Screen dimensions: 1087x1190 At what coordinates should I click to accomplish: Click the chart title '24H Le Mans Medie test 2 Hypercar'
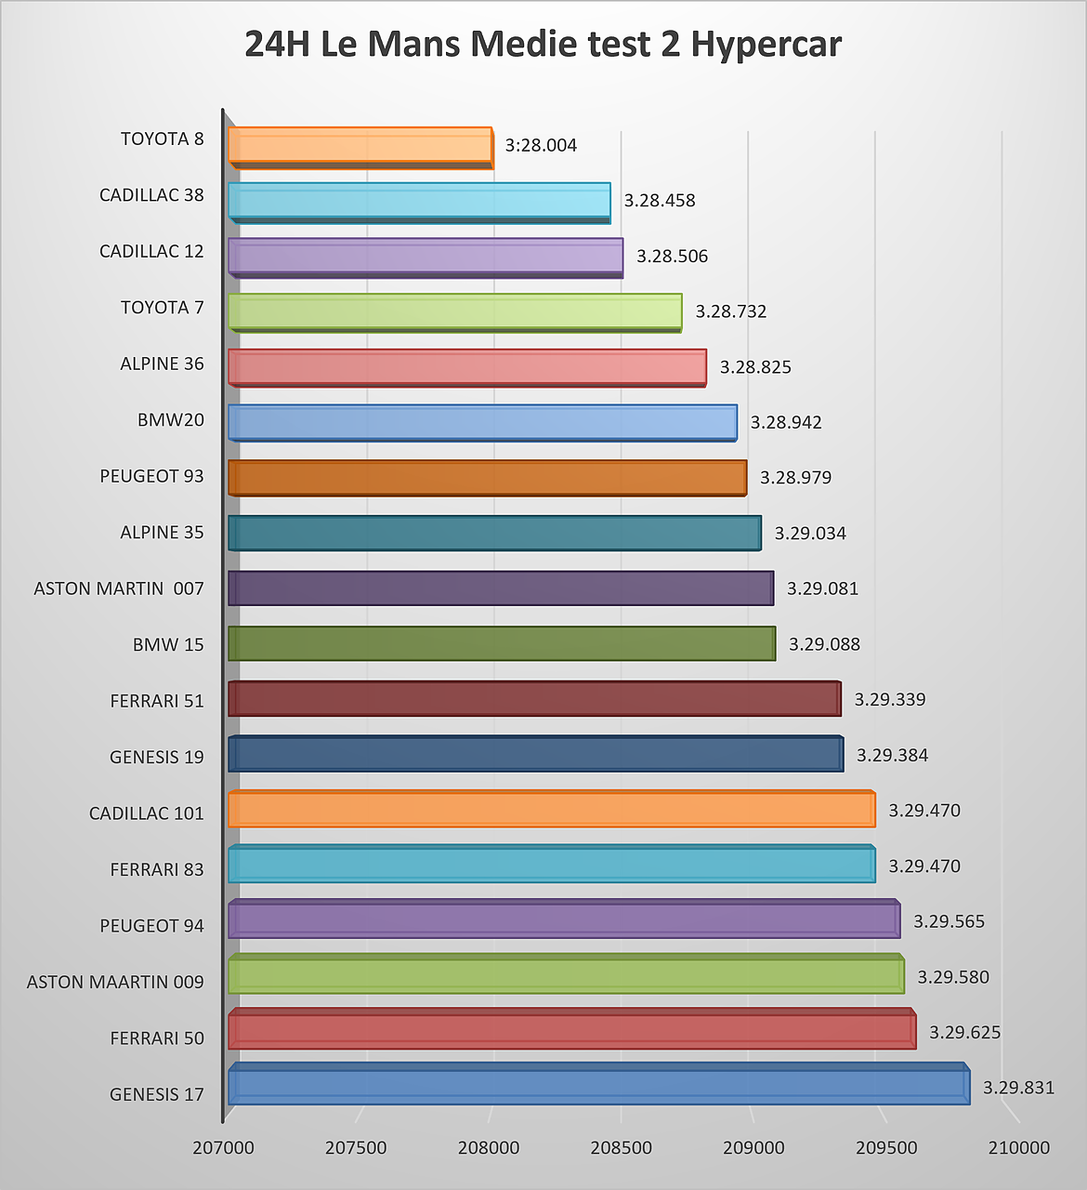(x=543, y=44)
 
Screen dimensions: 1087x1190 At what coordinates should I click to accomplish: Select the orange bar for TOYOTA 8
(x=360, y=148)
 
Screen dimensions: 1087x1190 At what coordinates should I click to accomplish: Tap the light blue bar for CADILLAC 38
(x=419, y=203)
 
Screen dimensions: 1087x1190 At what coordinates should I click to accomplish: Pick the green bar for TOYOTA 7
(x=455, y=312)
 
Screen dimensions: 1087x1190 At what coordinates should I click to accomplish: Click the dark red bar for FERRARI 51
(x=535, y=698)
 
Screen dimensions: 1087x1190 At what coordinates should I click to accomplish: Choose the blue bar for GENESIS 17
(x=599, y=1084)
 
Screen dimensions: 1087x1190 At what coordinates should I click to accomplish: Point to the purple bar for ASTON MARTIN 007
(x=501, y=588)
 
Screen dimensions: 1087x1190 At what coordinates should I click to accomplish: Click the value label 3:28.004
(x=541, y=145)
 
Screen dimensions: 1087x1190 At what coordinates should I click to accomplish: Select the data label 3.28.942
(x=786, y=422)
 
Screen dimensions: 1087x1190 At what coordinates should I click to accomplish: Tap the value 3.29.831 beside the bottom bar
(x=1019, y=1088)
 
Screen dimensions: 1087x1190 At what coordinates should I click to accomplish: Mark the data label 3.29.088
(x=824, y=643)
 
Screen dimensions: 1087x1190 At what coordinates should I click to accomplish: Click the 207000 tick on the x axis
(x=223, y=1148)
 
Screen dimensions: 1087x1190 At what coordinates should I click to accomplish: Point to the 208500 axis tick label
(x=621, y=1148)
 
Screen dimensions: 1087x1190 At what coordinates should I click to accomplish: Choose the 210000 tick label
(x=1019, y=1148)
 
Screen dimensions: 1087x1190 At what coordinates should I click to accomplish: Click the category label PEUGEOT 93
(x=151, y=476)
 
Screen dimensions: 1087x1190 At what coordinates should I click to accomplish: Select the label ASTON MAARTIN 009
(x=115, y=982)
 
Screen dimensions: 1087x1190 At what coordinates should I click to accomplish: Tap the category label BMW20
(x=171, y=419)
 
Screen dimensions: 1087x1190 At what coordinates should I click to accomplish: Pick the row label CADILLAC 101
(x=147, y=813)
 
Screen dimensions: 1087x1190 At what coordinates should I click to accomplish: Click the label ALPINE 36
(x=162, y=364)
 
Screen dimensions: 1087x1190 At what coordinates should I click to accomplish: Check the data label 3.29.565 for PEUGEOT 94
(x=949, y=920)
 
